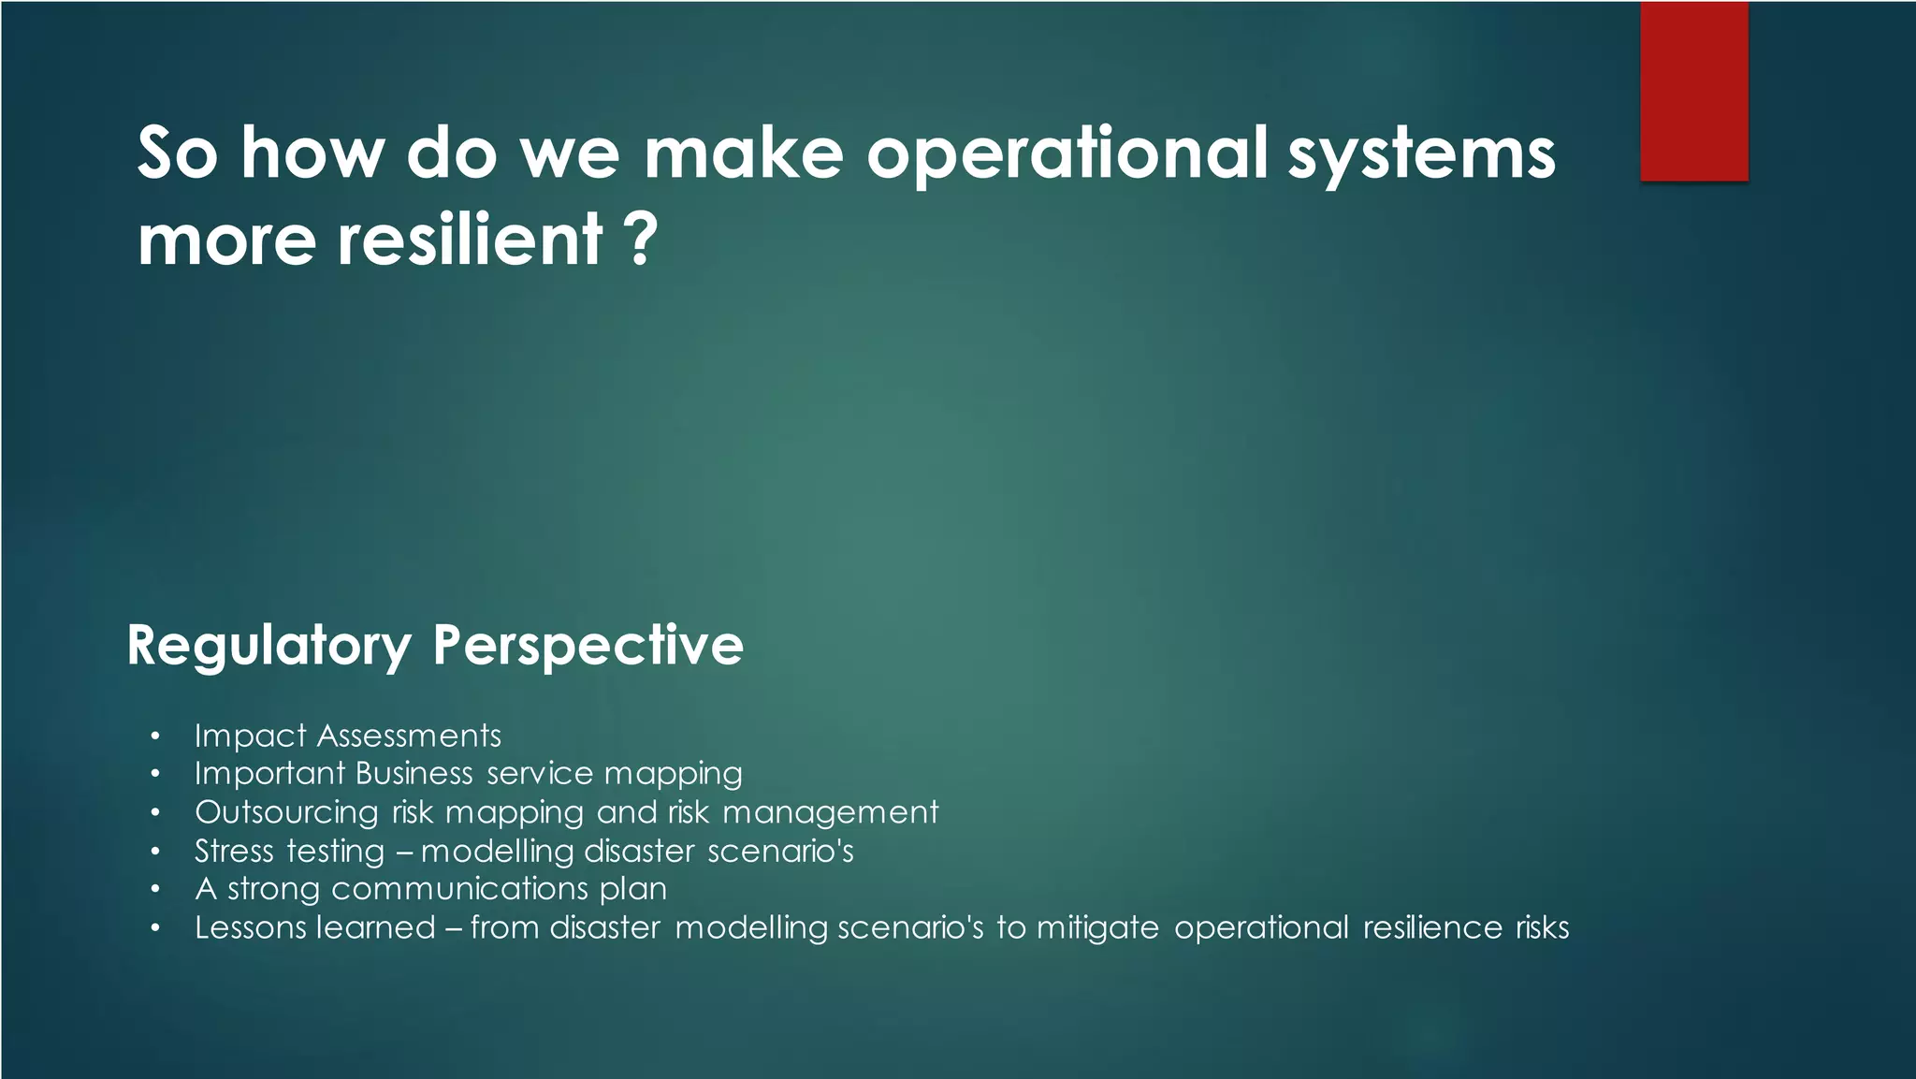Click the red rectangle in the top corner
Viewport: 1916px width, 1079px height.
pos(1693,91)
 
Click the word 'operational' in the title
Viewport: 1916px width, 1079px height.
pos(1067,154)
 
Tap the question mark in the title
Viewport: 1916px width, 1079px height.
pos(641,239)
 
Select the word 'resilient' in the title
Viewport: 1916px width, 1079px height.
pos(469,239)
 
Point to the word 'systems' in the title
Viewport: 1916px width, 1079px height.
pos(1421,154)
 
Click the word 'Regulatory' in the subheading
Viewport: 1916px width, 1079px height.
pos(269,646)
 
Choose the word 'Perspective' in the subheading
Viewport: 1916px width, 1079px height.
pos(588,646)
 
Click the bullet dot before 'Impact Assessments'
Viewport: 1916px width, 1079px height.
pos(155,736)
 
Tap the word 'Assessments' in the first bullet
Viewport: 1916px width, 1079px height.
pos(409,736)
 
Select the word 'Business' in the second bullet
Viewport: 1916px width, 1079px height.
pos(414,773)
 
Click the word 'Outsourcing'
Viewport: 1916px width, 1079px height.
pos(286,812)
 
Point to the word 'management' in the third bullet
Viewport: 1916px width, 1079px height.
pos(830,812)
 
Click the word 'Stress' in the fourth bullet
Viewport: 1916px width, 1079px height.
pos(234,851)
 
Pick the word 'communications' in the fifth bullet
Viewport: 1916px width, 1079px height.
pos(458,888)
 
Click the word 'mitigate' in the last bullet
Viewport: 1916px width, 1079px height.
pos(1097,927)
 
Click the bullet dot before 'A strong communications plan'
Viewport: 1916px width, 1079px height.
pos(155,889)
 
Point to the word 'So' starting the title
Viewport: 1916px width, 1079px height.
pos(177,154)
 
